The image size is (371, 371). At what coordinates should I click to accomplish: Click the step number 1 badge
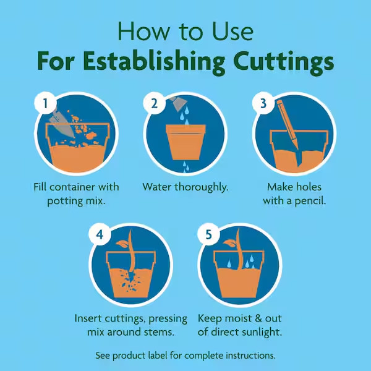pyautogui.click(x=45, y=103)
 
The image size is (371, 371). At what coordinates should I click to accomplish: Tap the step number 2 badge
pyautogui.click(x=154, y=103)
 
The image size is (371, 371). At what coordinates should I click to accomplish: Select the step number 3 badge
pyautogui.click(x=263, y=103)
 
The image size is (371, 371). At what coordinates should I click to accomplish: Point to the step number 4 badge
pyautogui.click(x=100, y=234)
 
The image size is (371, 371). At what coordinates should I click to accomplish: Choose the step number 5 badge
pyautogui.click(x=208, y=234)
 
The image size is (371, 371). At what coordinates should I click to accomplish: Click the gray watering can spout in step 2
pyautogui.click(x=179, y=103)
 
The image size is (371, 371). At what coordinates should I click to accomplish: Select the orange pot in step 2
pyautogui.click(x=185, y=142)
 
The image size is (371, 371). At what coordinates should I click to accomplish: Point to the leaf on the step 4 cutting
pyautogui.click(x=122, y=244)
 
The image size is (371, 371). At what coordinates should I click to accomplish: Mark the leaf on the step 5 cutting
pyautogui.click(x=230, y=243)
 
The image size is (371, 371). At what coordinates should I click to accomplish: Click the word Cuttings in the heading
pyautogui.click(x=283, y=61)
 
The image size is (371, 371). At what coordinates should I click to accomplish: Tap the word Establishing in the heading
pyautogui.click(x=154, y=61)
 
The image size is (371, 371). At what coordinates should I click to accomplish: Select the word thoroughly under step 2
pyautogui.click(x=202, y=187)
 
